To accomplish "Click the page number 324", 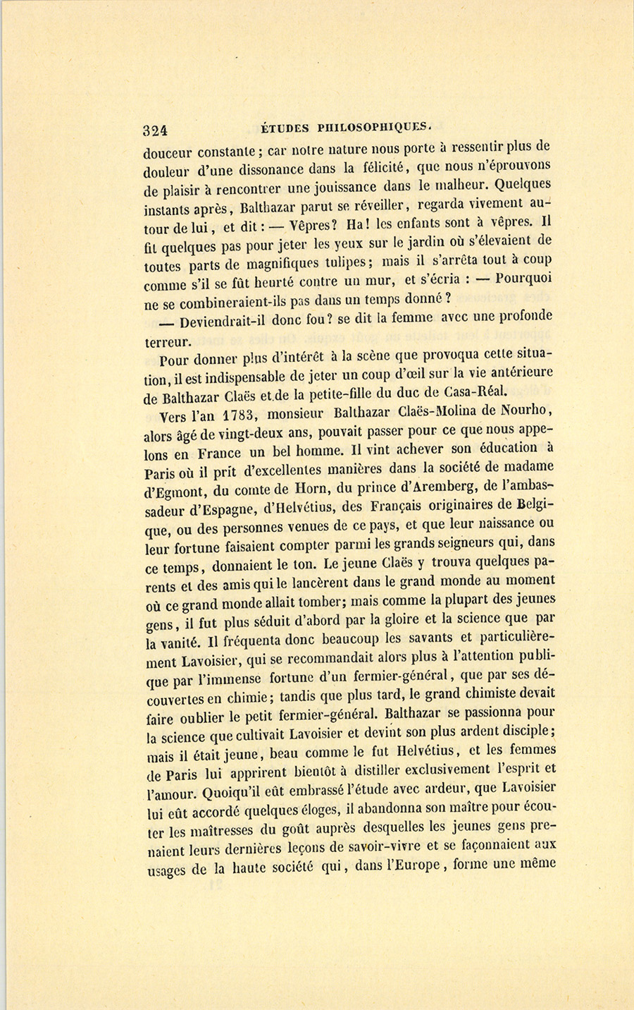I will coord(154,129).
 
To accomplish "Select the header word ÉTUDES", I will coord(285,128).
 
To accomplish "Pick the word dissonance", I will coord(275,169).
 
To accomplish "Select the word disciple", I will coord(525,730).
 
